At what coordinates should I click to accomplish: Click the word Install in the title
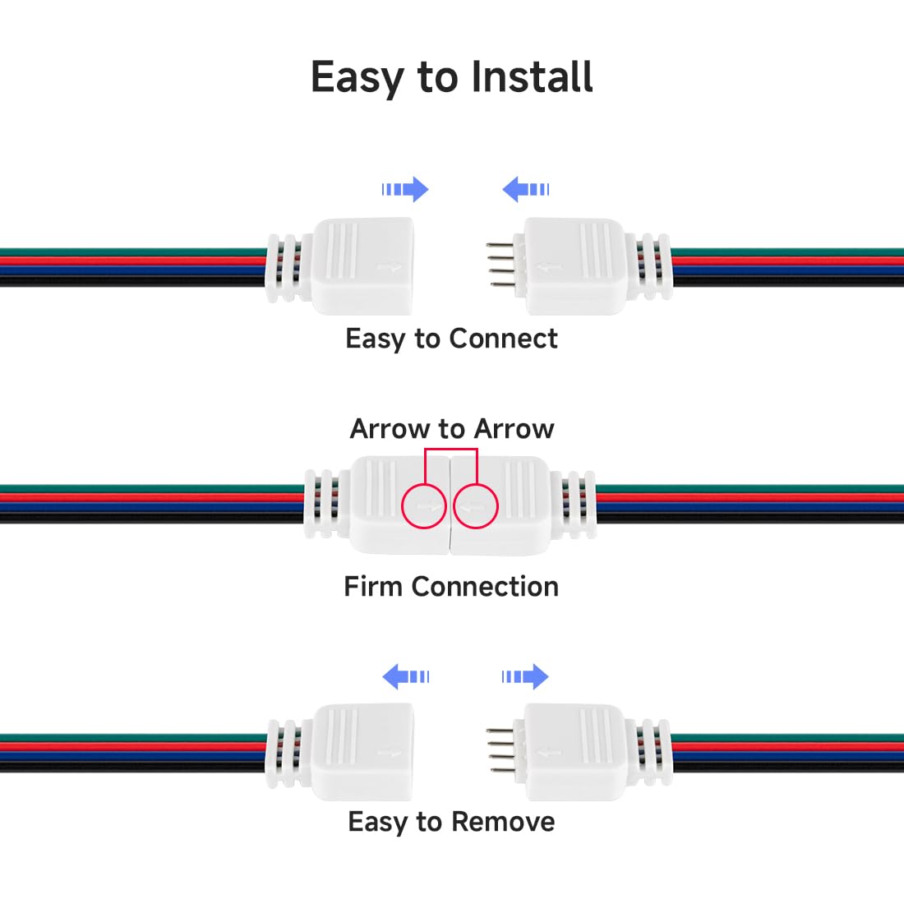click(533, 78)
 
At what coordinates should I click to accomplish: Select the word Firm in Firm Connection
click(374, 587)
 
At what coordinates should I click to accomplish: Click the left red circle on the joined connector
click(424, 505)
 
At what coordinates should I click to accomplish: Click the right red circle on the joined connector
click(476, 505)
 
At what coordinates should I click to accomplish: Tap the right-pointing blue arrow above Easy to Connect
click(405, 190)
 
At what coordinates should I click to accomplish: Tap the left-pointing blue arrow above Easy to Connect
click(526, 190)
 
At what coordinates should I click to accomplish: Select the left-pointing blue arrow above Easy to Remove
click(406, 677)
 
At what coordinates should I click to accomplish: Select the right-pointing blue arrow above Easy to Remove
click(525, 677)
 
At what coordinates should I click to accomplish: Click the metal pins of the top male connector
click(500, 264)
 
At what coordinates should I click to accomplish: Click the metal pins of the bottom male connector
click(500, 750)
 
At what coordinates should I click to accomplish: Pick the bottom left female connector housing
click(362, 751)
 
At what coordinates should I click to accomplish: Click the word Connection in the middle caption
click(485, 587)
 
